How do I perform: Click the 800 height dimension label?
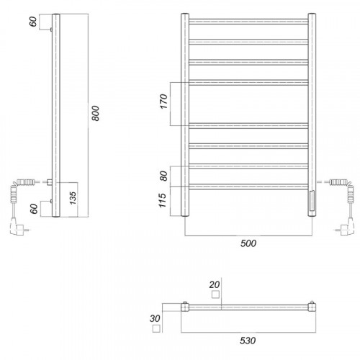pos(95,113)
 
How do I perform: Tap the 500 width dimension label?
pos(248,243)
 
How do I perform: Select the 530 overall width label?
pos(248,341)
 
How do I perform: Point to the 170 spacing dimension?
pos(163,102)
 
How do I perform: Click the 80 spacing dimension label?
pos(163,176)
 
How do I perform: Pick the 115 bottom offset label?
pos(163,200)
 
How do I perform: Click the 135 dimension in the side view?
pos(73,198)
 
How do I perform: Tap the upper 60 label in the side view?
pos(33,22)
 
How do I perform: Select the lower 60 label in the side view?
pos(34,209)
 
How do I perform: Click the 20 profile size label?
pos(215,284)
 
